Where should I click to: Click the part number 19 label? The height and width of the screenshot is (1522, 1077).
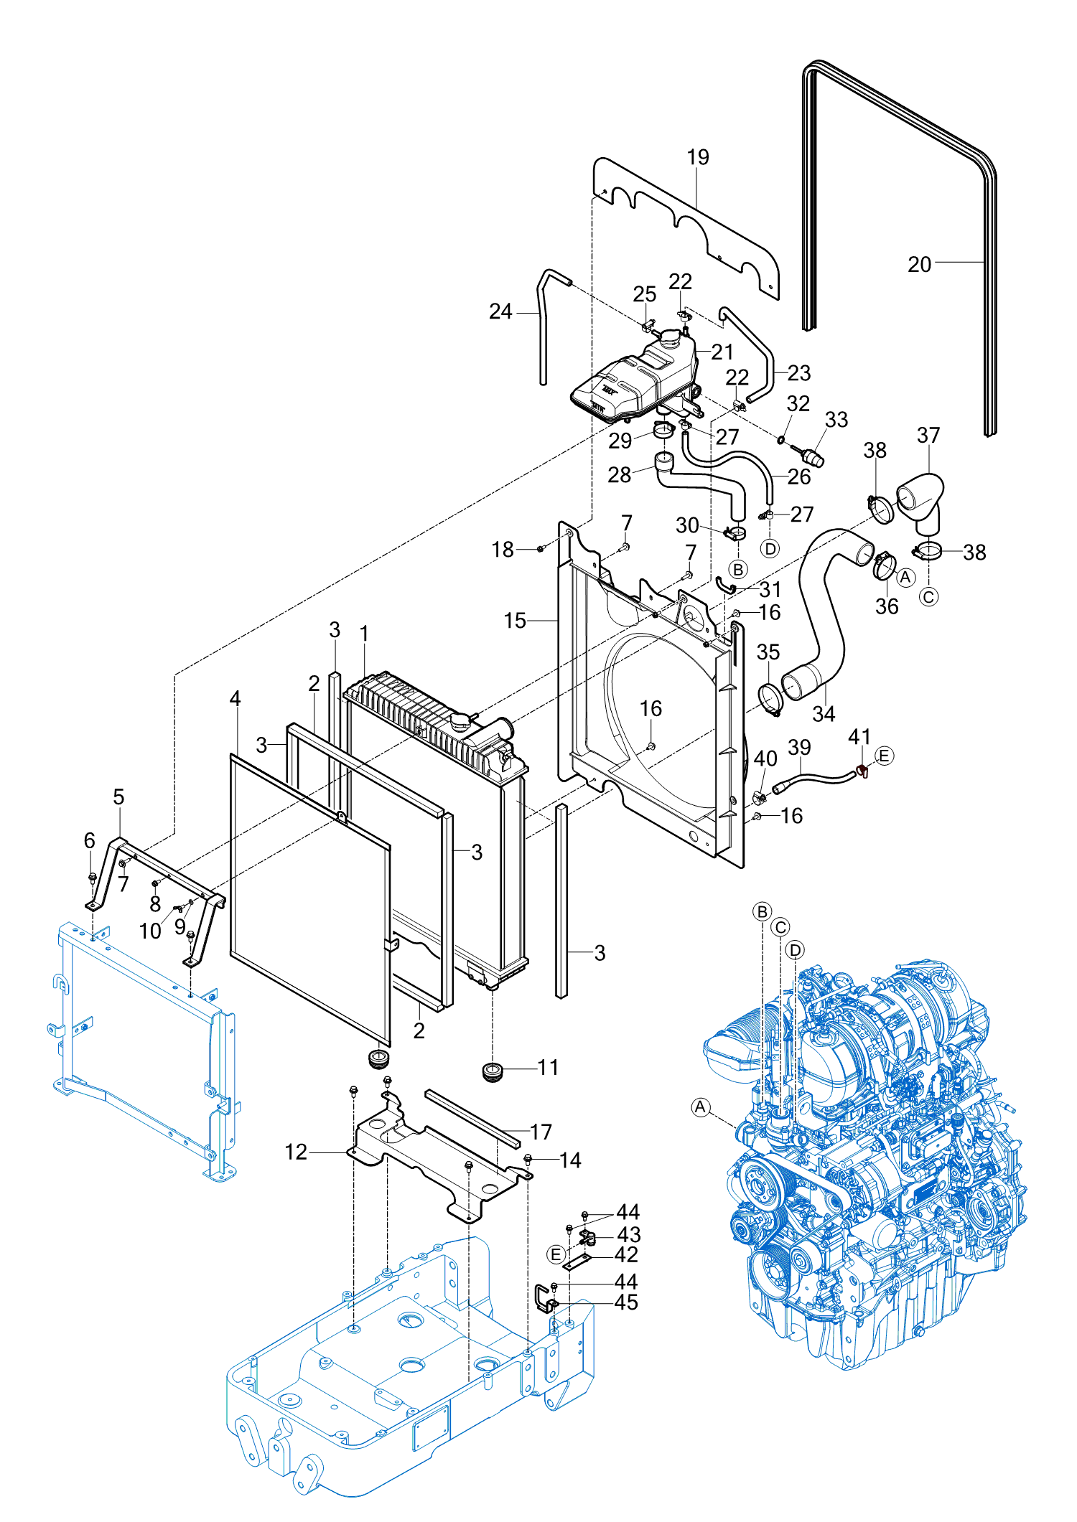(698, 157)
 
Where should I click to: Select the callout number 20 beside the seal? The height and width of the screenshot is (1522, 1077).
(919, 265)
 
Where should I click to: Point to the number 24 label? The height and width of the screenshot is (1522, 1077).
(500, 311)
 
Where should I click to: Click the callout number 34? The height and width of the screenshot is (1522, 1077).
(824, 714)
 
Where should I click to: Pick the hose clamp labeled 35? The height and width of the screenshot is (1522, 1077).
(770, 700)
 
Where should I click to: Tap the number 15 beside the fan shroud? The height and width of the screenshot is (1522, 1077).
(515, 621)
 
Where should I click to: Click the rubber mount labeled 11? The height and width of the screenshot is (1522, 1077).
(492, 1073)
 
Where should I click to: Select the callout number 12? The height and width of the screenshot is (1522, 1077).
(296, 1152)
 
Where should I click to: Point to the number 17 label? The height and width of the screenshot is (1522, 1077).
(541, 1132)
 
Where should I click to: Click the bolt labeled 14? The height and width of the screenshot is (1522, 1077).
(528, 1158)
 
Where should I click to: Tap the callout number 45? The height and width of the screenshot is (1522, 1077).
(626, 1302)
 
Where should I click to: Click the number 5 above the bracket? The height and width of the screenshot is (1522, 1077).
(118, 797)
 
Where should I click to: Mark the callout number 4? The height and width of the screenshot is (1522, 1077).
(235, 698)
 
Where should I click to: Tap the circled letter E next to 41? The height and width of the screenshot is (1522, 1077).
(884, 756)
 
